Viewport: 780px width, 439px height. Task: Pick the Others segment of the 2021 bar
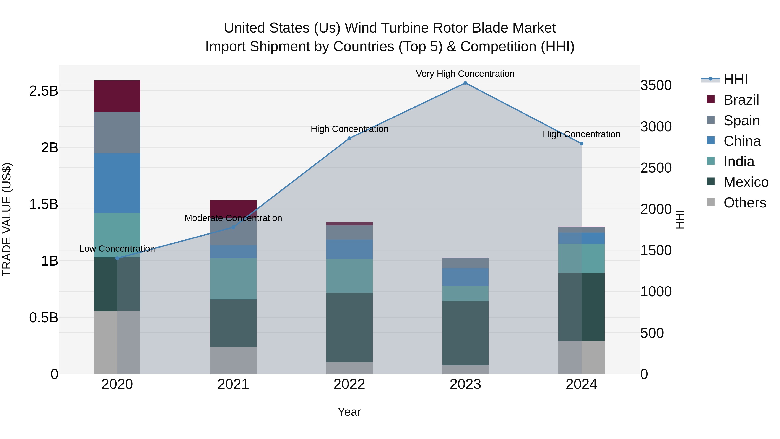pos(233,360)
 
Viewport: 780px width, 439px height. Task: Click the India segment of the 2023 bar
pos(465,293)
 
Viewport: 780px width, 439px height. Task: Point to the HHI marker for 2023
pos(465,83)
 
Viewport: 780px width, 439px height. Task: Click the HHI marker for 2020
pos(117,258)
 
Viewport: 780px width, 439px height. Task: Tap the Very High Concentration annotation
pos(465,74)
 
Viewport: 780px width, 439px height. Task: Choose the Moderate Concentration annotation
pos(233,218)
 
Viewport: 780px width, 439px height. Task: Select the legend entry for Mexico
pos(746,182)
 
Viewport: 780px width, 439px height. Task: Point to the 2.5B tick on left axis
pos(44,91)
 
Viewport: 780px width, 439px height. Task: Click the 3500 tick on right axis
pos(656,85)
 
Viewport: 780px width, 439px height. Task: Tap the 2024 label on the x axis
pos(581,384)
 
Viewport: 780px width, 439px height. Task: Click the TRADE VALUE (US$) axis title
pos(7,219)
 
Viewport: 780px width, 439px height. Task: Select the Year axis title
pos(349,412)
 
